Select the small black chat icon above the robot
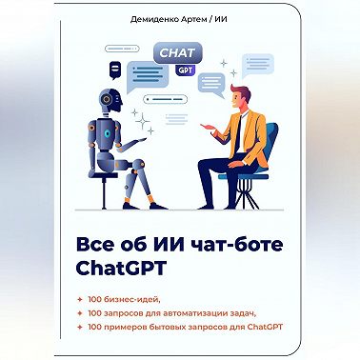pyautogui.click(x=115, y=68)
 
